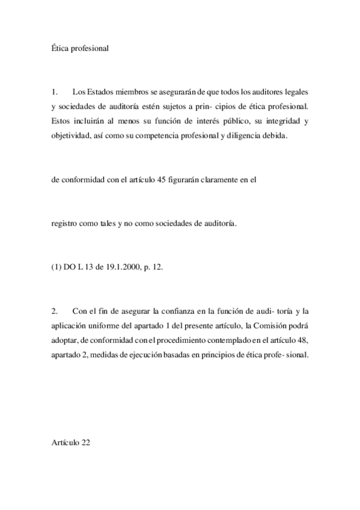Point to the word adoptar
point(64,340)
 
